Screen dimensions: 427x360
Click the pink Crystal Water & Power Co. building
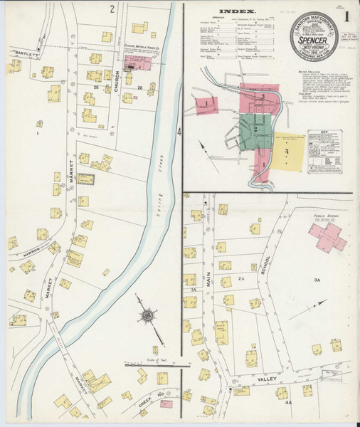[137, 64]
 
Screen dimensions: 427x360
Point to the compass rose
[149, 315]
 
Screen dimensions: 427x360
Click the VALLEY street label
[266, 380]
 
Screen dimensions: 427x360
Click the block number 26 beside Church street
[139, 88]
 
